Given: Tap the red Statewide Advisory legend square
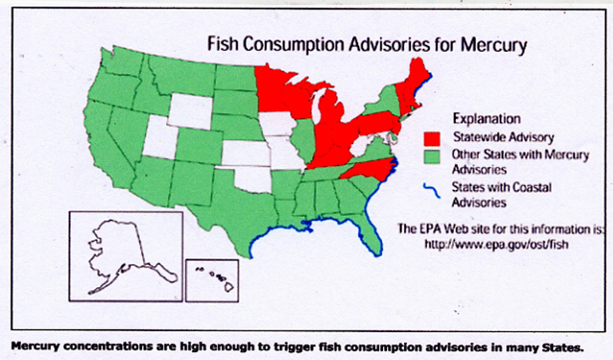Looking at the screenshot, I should coord(437,138).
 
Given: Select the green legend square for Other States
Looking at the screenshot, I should coord(437,154).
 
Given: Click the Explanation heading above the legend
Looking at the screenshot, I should coord(486,120).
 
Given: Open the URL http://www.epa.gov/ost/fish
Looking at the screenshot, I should coord(490,242).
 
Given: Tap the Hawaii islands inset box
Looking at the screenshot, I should coord(212,279).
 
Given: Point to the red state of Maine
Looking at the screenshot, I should coord(418,80).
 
